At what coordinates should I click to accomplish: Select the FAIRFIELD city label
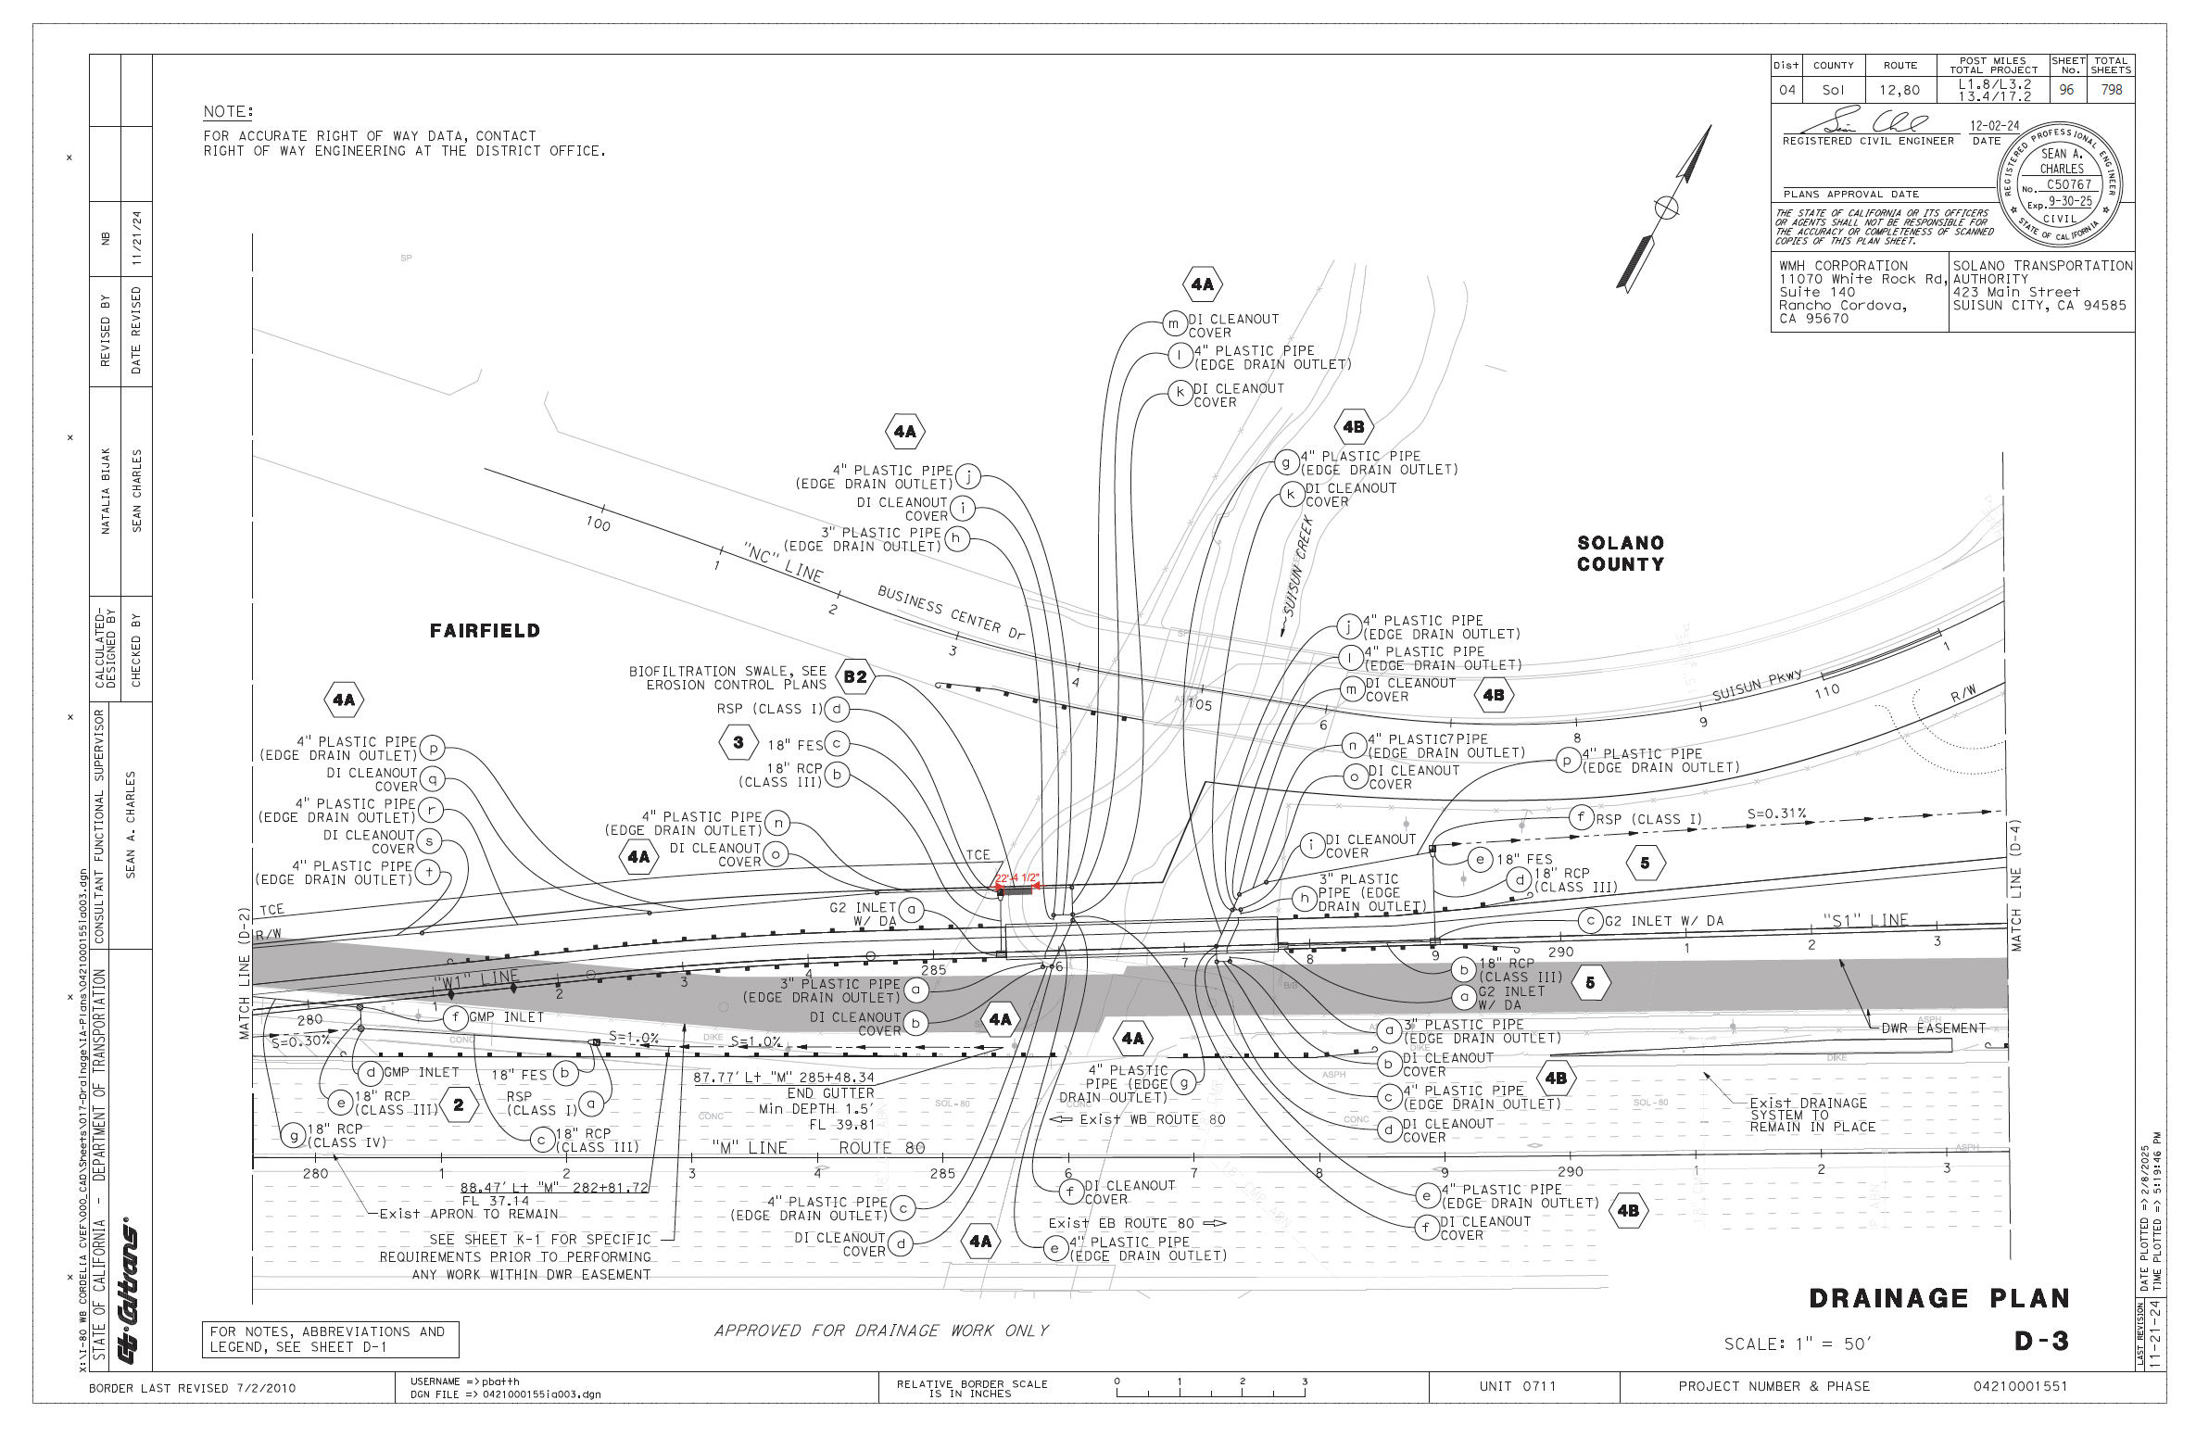[x=485, y=631]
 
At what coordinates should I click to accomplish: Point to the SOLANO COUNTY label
[x=1621, y=553]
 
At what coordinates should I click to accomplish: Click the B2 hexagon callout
[x=855, y=676]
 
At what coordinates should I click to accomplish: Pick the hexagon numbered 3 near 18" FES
[x=738, y=742]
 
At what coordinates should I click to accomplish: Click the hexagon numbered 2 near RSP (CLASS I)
[x=459, y=1104]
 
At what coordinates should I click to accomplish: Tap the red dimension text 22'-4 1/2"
[x=1017, y=877]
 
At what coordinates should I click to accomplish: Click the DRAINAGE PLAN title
[x=1938, y=1298]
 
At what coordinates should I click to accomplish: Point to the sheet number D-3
[x=2041, y=1341]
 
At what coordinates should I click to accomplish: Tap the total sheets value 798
[x=2112, y=90]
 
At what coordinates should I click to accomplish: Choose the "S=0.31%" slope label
[x=1776, y=814]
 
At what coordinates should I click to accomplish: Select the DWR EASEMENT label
[x=1932, y=1028]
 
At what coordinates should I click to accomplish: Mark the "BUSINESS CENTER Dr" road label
[x=951, y=612]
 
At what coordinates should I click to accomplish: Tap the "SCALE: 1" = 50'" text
[x=1798, y=1344]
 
